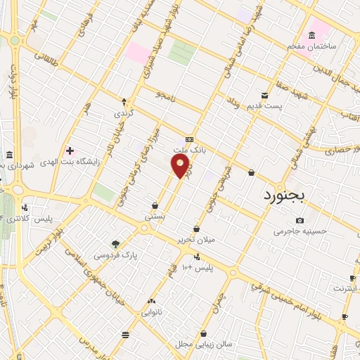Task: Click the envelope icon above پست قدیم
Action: tap(264, 95)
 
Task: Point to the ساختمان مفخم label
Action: tap(311, 46)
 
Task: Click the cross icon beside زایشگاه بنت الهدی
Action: tap(69, 150)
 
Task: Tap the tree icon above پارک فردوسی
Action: tap(115, 245)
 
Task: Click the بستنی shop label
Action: tap(155, 217)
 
